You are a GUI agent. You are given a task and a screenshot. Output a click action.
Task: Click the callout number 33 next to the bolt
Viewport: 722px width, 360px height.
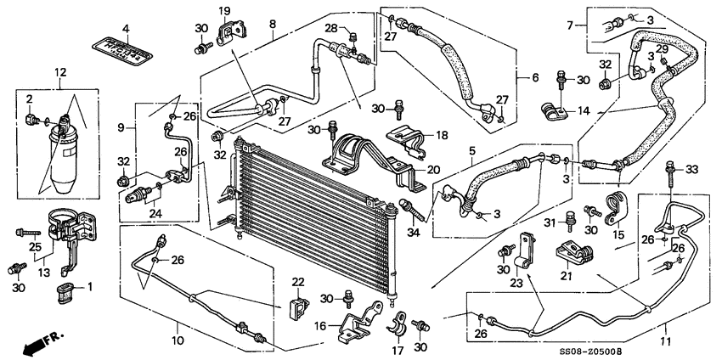point(691,171)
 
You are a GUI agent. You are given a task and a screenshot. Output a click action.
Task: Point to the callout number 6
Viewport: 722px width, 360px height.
point(536,78)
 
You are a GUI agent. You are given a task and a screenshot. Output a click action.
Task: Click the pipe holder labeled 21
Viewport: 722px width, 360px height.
point(576,253)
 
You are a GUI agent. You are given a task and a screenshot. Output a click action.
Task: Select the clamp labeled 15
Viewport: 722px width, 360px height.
point(612,207)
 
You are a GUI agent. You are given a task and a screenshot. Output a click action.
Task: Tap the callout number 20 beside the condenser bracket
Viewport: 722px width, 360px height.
point(433,169)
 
